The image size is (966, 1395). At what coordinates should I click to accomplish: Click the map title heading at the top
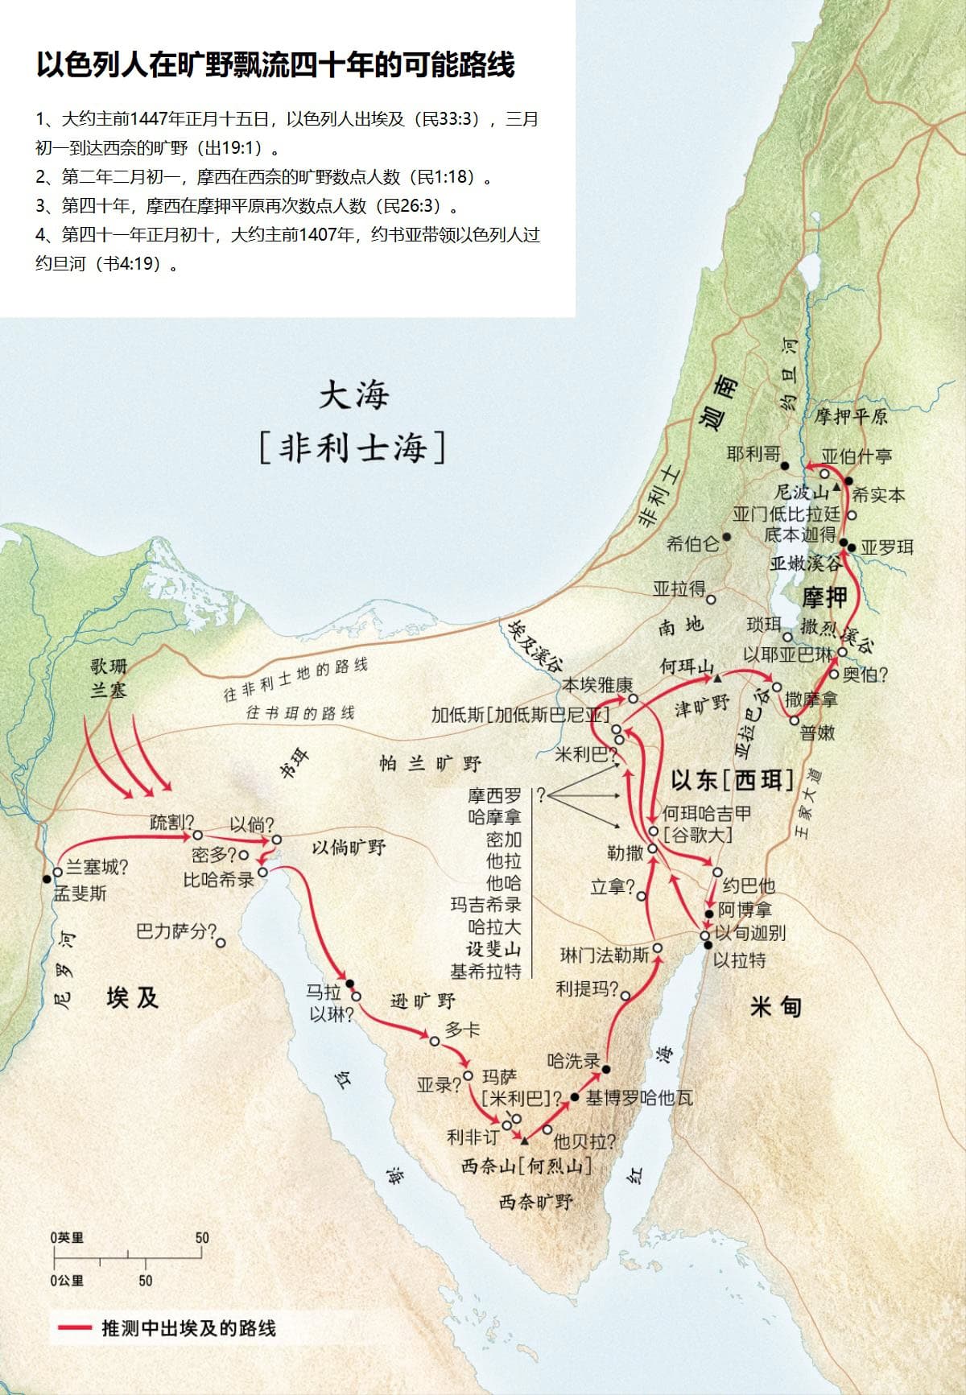click(275, 65)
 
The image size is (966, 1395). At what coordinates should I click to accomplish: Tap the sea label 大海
click(354, 395)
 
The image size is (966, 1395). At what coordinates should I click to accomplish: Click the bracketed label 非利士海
click(353, 448)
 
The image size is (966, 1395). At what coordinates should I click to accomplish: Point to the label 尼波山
click(801, 492)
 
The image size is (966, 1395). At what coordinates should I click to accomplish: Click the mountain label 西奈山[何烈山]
click(526, 1165)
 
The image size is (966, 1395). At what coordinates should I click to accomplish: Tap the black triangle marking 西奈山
click(525, 1141)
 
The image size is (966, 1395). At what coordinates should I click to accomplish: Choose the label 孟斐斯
click(80, 894)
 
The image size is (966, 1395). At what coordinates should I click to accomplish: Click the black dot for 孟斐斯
click(47, 879)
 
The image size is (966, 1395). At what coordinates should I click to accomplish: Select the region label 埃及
click(132, 998)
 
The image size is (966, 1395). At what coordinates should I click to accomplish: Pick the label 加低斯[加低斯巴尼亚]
click(520, 714)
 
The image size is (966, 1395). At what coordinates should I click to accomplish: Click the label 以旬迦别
click(750, 933)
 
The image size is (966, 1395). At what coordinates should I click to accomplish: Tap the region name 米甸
click(775, 1007)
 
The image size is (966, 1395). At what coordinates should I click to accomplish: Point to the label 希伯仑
click(692, 544)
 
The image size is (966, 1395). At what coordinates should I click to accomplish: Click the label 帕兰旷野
click(430, 763)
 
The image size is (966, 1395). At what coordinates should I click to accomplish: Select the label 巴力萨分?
click(177, 932)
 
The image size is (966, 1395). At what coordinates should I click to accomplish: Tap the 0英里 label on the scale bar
click(67, 1238)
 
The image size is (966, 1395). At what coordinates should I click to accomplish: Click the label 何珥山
click(687, 667)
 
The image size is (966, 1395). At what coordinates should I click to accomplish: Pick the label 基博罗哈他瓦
click(639, 1098)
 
